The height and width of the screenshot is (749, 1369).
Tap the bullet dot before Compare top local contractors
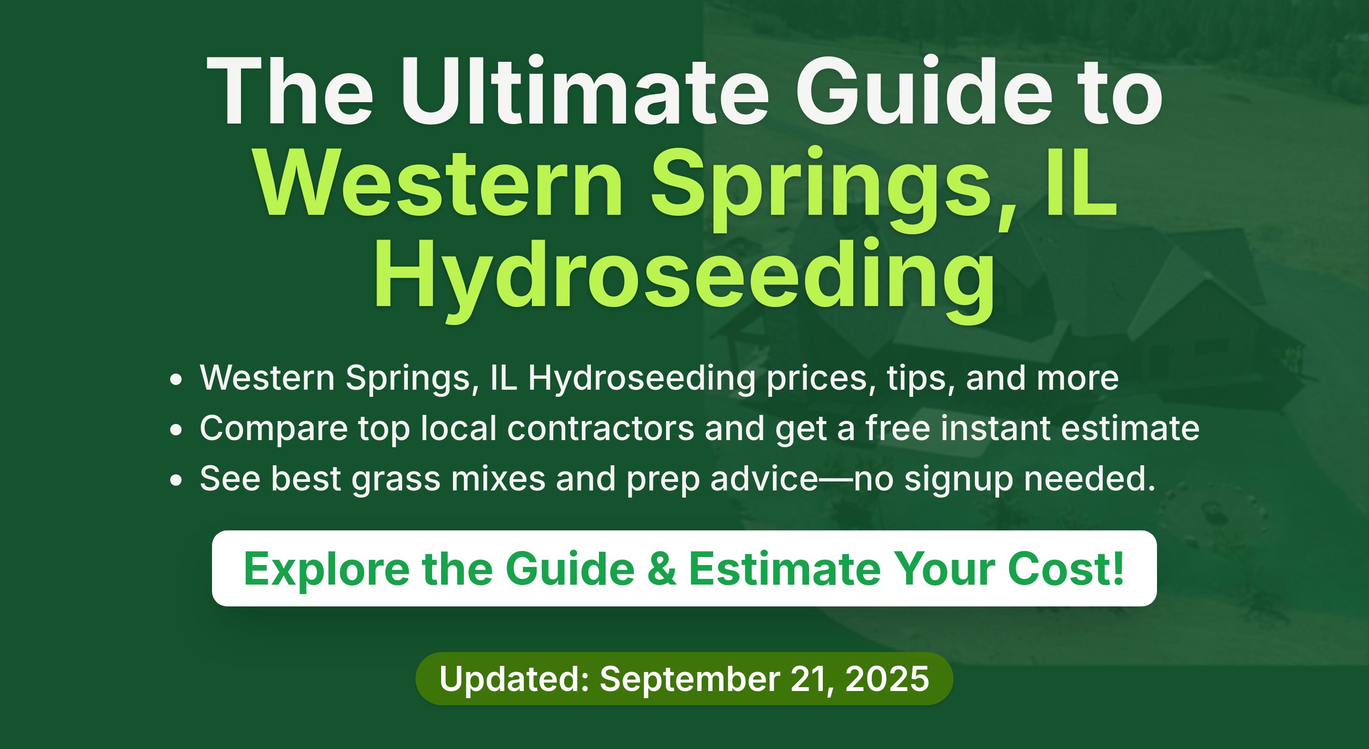click(176, 430)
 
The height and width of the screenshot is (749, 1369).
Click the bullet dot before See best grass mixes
click(176, 480)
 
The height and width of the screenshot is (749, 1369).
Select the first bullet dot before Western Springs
click(176, 380)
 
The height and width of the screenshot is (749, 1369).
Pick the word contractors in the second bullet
click(600, 428)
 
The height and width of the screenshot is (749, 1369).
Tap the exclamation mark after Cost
click(1118, 568)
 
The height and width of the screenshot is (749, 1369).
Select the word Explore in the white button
click(326, 570)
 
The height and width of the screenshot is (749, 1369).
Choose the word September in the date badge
click(689, 681)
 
